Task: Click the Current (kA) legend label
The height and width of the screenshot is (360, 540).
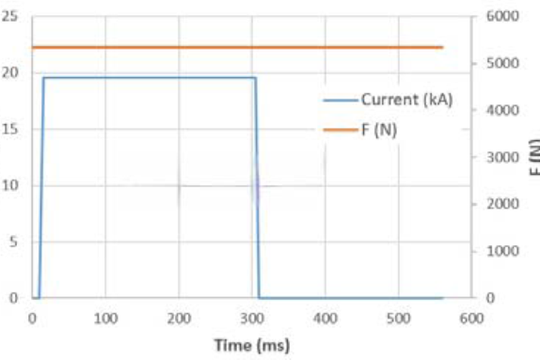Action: coord(406,100)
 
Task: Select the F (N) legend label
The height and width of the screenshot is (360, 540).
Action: coord(379,130)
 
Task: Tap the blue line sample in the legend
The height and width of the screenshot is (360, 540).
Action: coord(341,101)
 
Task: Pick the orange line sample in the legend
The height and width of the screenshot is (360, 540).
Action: coord(341,130)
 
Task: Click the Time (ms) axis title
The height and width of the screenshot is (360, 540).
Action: coord(252,345)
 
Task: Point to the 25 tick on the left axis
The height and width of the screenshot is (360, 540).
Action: coord(9,16)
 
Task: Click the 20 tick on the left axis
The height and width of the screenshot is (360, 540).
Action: coord(9,72)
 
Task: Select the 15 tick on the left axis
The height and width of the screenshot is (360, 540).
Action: coord(9,129)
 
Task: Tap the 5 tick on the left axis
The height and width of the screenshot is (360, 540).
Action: coord(13,242)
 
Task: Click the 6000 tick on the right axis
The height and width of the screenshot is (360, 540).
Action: coord(502,16)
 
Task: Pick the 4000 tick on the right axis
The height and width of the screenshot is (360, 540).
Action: coord(502,110)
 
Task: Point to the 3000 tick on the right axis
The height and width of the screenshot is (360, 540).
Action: coord(502,157)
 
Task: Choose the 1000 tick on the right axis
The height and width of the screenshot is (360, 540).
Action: coord(502,251)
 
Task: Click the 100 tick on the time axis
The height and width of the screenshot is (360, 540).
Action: coord(105,319)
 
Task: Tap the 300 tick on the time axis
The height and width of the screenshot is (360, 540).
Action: coord(252,319)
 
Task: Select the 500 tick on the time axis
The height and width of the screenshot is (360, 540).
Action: coord(399,319)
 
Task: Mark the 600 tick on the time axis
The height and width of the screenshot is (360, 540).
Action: coord(472,319)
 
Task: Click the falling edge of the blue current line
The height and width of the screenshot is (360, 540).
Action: coord(257,188)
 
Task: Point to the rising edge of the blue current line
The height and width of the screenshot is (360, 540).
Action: coord(41,188)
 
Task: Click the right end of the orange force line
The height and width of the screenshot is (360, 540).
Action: coord(442,48)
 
